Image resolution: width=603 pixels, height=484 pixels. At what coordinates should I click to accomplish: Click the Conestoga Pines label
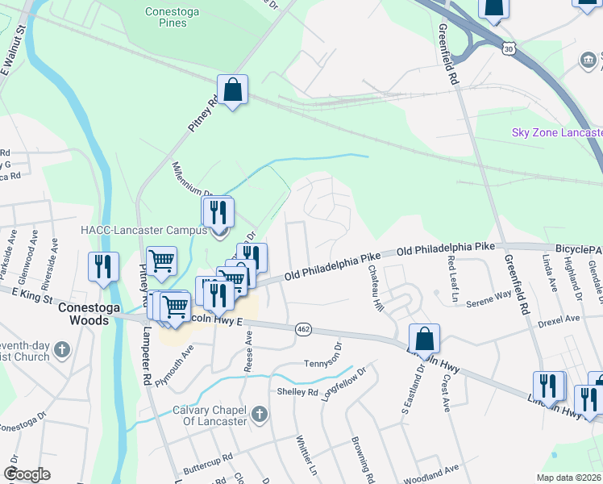point(167,17)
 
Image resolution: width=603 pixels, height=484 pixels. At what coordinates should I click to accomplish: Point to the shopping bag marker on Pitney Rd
point(232,91)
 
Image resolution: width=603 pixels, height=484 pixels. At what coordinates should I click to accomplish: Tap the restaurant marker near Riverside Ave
point(103,268)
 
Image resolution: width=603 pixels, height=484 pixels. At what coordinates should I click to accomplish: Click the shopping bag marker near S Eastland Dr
point(424,340)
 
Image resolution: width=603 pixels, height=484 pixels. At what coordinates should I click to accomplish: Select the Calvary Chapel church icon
point(258,415)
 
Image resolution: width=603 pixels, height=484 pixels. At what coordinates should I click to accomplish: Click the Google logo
point(27,474)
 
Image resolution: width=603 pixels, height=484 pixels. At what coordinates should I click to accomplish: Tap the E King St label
point(29,298)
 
